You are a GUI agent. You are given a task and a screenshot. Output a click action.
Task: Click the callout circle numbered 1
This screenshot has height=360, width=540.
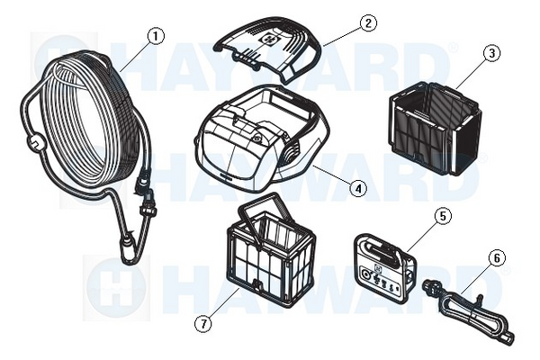156,36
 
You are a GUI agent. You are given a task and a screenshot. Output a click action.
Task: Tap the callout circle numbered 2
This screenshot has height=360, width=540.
368,23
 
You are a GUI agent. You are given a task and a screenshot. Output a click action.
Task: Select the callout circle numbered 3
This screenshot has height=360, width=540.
491,53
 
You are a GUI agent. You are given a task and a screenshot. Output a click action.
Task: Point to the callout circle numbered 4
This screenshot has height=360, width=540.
358,188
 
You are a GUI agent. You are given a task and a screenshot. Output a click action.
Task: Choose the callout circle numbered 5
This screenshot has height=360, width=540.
443,216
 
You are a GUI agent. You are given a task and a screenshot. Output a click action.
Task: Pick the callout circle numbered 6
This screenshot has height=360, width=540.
497,258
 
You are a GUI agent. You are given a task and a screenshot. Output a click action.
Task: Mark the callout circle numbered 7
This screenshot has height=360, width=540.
203,324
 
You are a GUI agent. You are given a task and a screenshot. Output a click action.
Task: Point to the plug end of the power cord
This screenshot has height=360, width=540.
428,285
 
